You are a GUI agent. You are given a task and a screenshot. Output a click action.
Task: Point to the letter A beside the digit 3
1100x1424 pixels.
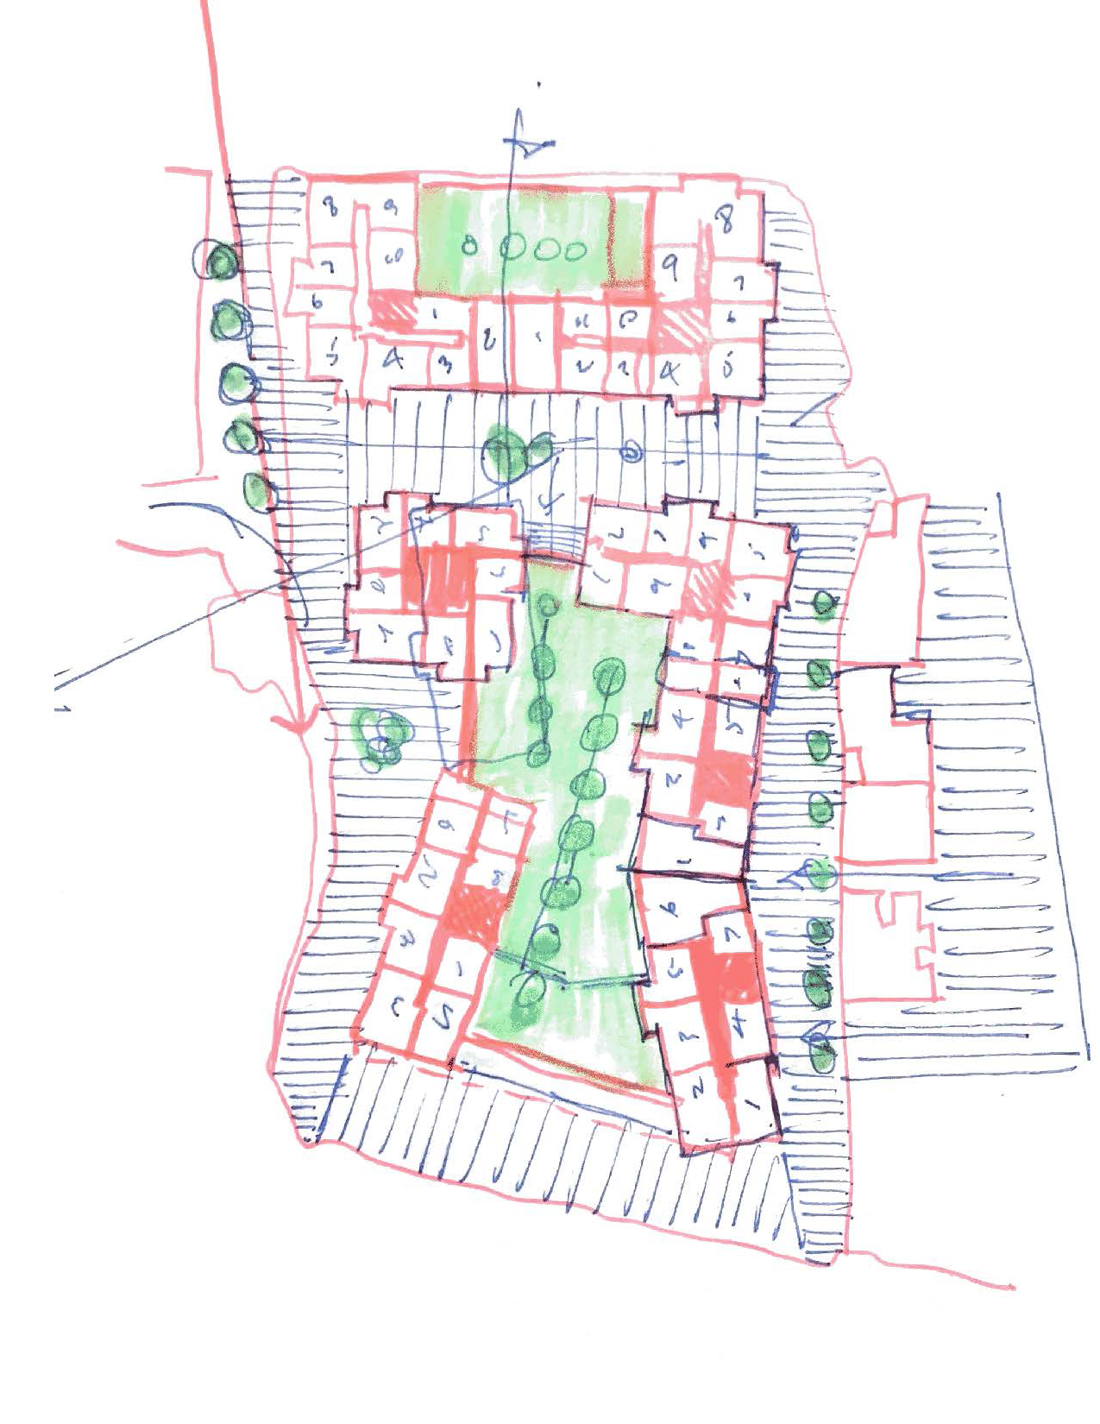(x=393, y=359)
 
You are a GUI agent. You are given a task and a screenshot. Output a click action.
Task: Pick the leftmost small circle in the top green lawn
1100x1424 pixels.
(x=470, y=246)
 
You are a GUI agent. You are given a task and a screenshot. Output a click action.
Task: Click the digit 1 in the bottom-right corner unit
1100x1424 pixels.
(x=748, y=1102)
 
